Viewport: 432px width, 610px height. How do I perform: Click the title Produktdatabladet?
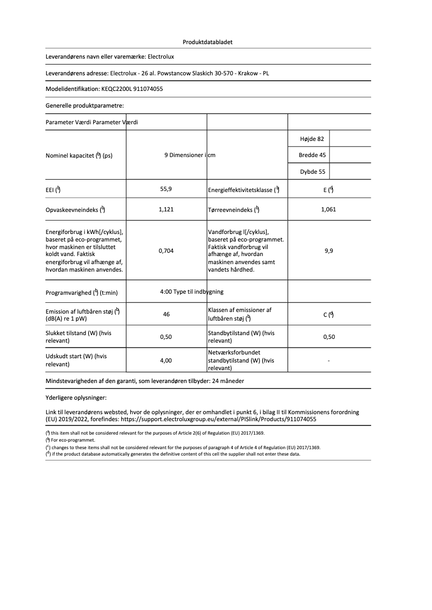207,41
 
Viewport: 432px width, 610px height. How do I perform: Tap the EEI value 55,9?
166,189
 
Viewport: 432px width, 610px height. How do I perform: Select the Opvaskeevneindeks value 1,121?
166,209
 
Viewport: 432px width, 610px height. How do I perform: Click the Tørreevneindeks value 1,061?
328,209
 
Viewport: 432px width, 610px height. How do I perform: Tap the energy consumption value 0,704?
166,251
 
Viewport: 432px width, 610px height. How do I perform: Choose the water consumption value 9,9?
329,251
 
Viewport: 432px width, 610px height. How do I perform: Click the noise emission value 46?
166,314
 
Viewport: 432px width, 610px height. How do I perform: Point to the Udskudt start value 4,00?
166,360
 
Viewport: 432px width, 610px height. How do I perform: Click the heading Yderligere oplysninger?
76,398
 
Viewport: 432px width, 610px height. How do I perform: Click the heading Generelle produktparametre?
85,106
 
